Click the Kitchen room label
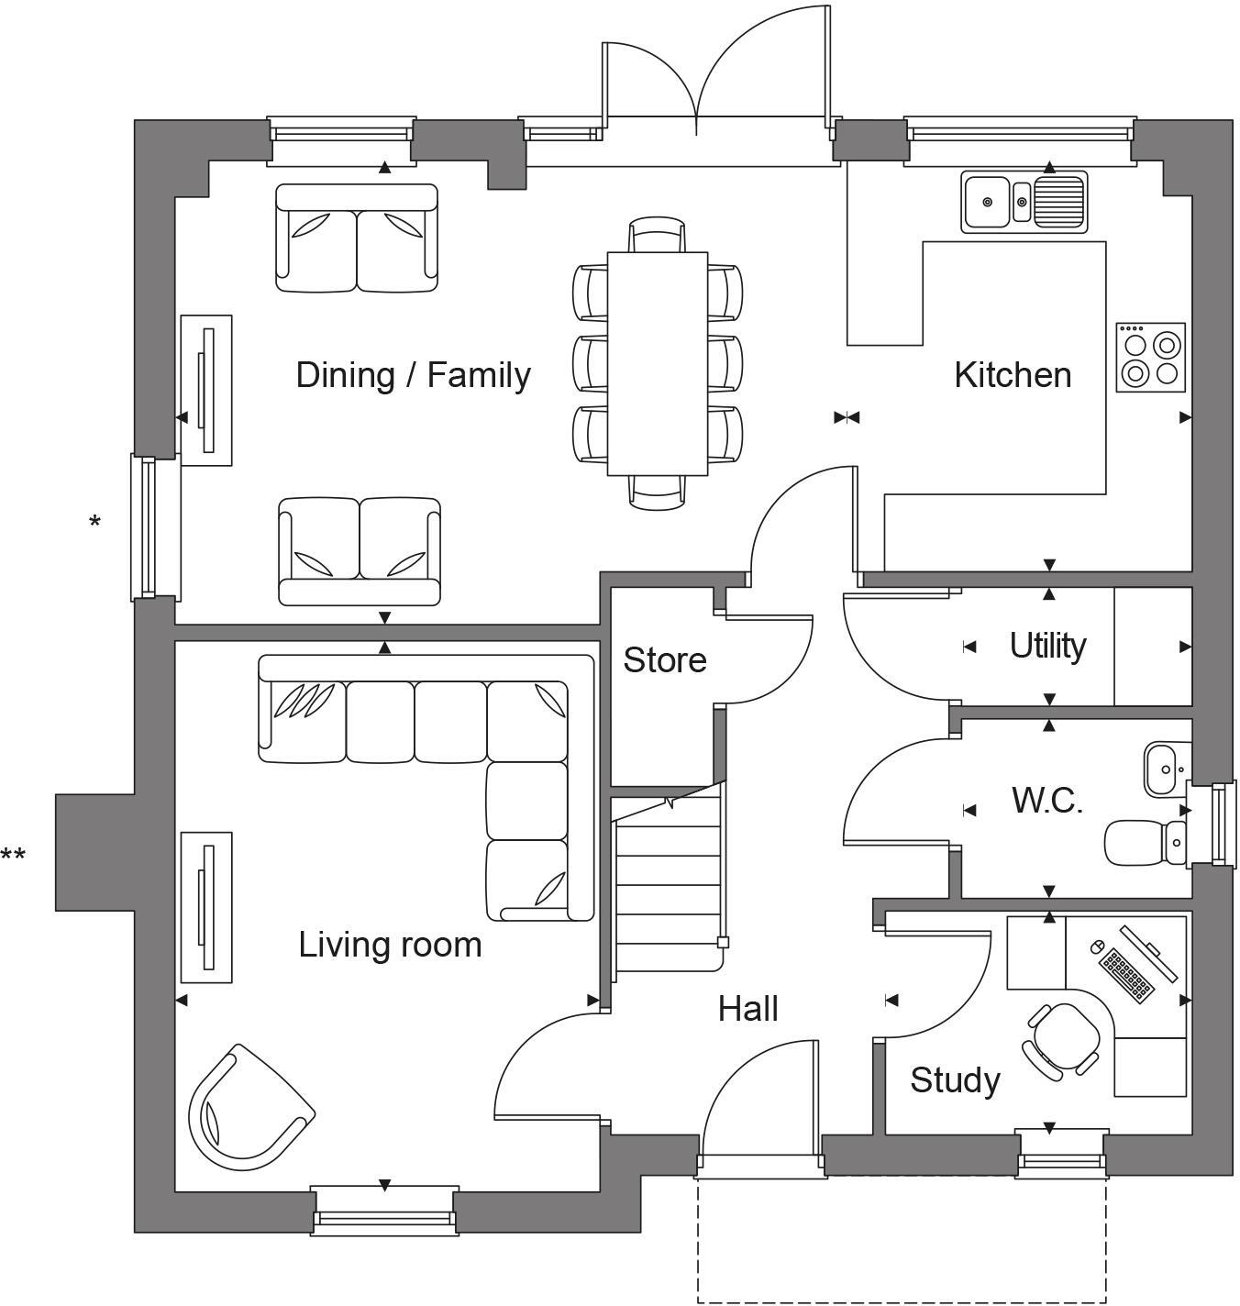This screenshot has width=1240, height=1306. pyautogui.click(x=1013, y=375)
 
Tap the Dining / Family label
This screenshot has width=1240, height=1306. pyautogui.click(x=413, y=375)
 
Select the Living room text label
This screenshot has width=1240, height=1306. pyautogui.click(x=390, y=945)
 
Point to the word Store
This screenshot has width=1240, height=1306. pyautogui.click(x=665, y=660)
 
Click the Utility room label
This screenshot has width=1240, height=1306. pyautogui.click(x=1047, y=646)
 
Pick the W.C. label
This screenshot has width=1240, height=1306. pyautogui.click(x=1047, y=801)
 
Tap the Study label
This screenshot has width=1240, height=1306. pyautogui.click(x=955, y=1080)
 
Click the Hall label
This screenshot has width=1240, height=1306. pyautogui.click(x=748, y=1009)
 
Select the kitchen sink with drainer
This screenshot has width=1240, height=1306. pyautogui.click(x=1024, y=201)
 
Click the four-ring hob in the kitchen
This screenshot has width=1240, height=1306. pyautogui.click(x=1151, y=358)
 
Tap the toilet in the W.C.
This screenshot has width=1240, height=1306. pyautogui.click(x=1144, y=841)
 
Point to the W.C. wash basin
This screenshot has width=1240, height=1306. pyautogui.click(x=1165, y=769)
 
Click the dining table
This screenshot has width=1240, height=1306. pyautogui.click(x=658, y=363)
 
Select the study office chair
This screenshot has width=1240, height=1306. pyautogui.click(x=1064, y=1038)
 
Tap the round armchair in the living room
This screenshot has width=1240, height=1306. pyautogui.click(x=246, y=1108)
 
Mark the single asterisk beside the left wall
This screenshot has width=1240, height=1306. pyautogui.click(x=94, y=523)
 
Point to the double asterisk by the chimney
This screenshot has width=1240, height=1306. pyautogui.click(x=13, y=857)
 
